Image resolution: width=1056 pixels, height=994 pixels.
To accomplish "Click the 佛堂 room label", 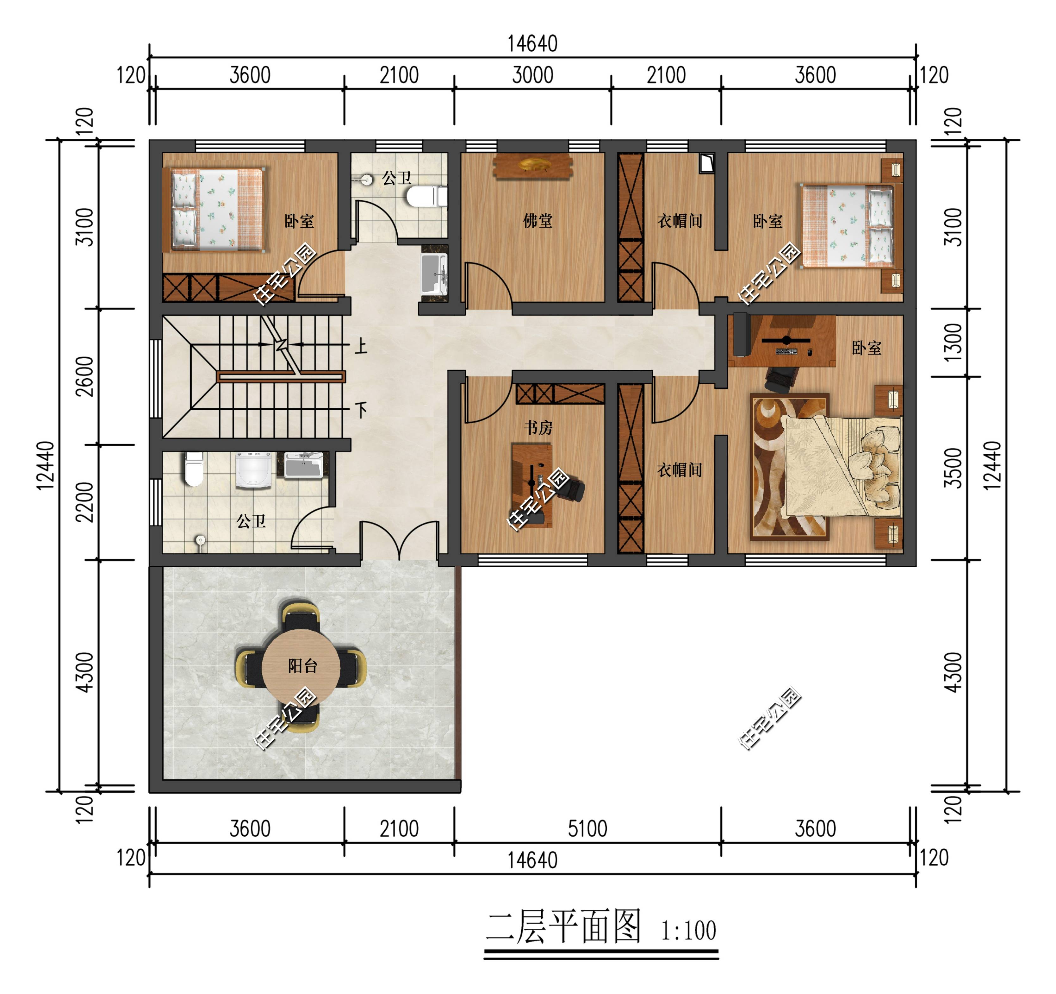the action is pos(537,221).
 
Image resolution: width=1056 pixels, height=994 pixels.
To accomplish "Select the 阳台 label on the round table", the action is pos(303,665).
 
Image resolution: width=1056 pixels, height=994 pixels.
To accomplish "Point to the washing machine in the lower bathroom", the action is pos(253,469).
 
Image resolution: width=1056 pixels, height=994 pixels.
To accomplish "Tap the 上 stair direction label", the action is pos(361,347).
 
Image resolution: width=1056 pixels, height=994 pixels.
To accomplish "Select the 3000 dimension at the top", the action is pos(533,75).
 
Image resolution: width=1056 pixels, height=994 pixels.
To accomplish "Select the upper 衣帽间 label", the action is pos(680,221).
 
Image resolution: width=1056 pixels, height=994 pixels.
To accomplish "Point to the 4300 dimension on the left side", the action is pos(85,672).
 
